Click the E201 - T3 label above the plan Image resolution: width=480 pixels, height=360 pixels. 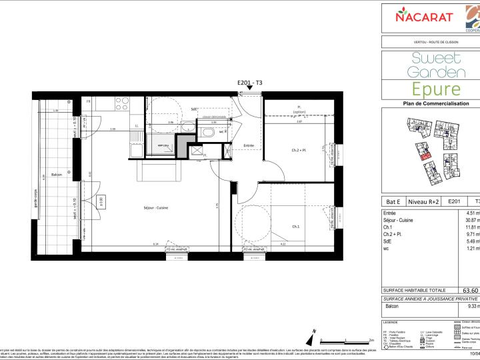coord(250,82)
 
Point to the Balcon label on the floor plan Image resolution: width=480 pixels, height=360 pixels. coord(57,175)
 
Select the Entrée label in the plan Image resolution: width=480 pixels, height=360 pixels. coord(249,145)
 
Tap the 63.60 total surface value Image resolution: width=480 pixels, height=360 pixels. coord(471,291)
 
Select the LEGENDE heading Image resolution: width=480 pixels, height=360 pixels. coord(391,322)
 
